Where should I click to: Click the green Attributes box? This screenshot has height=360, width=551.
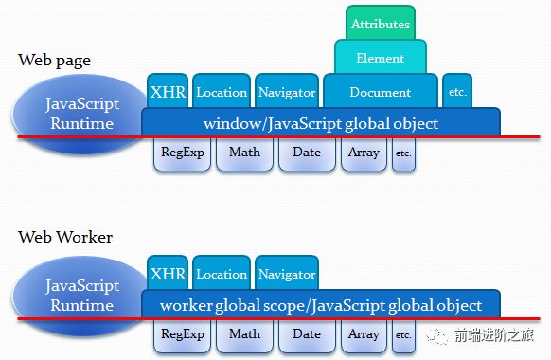381,25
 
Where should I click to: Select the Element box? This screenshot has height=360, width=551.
381,59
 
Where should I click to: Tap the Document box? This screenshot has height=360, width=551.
381,92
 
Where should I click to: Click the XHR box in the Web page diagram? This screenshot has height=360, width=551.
168,92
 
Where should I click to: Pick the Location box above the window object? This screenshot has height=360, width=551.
221,92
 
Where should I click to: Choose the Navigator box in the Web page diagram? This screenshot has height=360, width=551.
286,92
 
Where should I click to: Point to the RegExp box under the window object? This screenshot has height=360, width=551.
183,153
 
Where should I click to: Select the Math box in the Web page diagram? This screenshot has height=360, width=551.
244,153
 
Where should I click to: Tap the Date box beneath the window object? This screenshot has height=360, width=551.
307,153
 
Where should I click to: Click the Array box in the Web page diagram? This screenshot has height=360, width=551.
364,153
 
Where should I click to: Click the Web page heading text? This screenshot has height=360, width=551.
54,61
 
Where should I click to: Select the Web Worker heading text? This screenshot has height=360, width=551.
65,237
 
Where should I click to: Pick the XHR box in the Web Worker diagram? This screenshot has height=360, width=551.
168,274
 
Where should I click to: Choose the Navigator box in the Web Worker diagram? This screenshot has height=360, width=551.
286,274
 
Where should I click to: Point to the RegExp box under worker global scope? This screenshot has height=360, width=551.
183,334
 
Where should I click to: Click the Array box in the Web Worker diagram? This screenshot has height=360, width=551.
364,334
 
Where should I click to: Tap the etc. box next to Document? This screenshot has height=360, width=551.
456,92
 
